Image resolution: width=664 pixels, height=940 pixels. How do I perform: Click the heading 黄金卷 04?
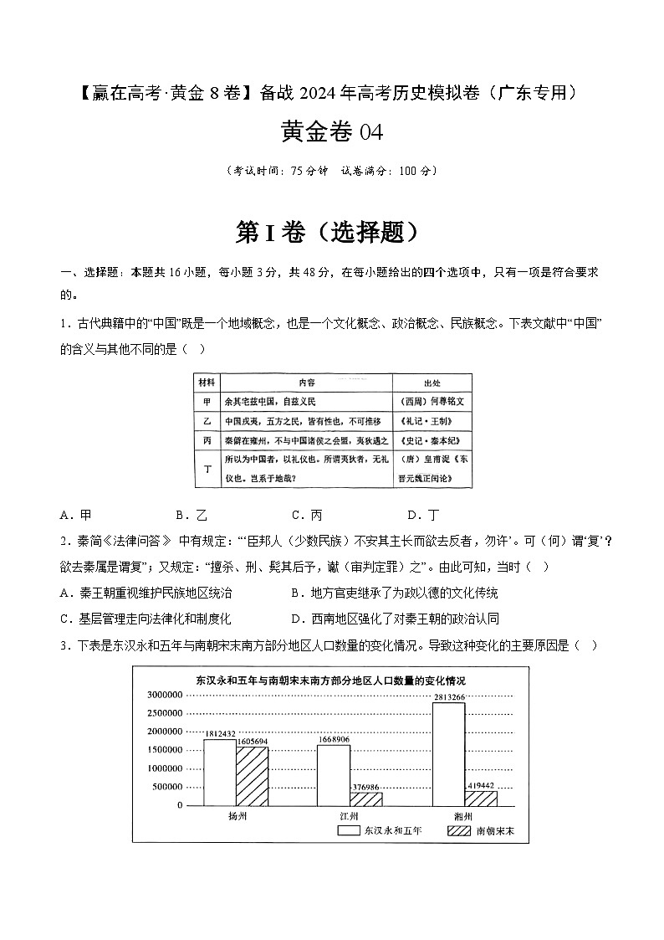coord(332,131)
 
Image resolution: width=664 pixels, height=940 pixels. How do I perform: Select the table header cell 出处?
coord(432,383)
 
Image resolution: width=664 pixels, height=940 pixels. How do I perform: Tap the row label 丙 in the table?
coord(207,439)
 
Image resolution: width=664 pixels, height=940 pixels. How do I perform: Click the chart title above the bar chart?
coord(331,681)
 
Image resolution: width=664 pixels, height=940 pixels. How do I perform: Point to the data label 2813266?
coord(448,696)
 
